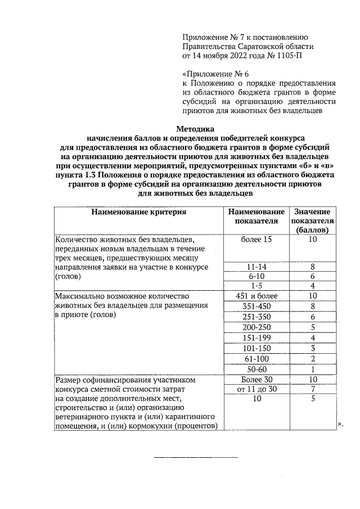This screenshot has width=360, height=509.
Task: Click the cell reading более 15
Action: click(x=256, y=240)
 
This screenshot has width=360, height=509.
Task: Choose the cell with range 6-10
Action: click(x=256, y=276)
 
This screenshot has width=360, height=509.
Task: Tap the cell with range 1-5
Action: click(x=256, y=286)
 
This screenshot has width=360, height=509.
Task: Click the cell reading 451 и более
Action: click(x=256, y=295)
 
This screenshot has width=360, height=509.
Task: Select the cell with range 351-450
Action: click(x=256, y=306)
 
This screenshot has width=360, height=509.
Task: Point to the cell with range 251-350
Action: click(x=256, y=317)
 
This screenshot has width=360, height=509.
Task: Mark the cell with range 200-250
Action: click(x=256, y=327)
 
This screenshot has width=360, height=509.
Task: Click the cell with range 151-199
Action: click(x=256, y=337)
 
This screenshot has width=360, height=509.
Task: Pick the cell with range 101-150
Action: click(x=256, y=348)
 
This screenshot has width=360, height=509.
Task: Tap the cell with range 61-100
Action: click(x=256, y=358)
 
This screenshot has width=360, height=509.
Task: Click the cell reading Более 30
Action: click(x=256, y=379)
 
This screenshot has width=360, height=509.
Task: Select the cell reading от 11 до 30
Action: click(x=256, y=389)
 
